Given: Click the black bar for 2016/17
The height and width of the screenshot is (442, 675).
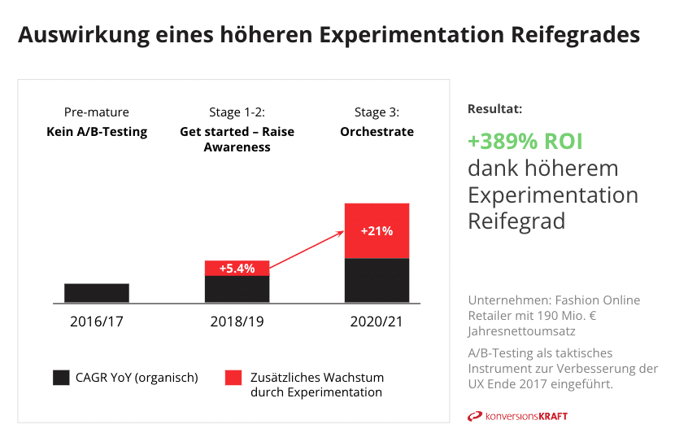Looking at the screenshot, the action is click(x=97, y=293).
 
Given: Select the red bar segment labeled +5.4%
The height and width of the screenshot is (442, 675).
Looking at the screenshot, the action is click(x=237, y=268).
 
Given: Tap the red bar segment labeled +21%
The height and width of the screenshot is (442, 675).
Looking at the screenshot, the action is click(x=377, y=231).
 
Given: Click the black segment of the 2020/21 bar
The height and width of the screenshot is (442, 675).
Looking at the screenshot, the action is click(x=377, y=281).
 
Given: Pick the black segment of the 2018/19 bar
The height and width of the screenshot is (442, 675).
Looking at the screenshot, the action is click(x=237, y=289).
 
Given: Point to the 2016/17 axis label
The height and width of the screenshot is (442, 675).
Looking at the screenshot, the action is click(x=97, y=322).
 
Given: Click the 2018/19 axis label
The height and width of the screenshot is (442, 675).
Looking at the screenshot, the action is click(x=237, y=322).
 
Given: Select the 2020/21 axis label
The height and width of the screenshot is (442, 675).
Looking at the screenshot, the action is click(x=377, y=322).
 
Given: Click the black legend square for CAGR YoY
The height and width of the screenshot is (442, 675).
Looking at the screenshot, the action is click(x=61, y=378).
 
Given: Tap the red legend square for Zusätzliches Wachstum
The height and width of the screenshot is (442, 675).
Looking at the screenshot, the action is click(x=233, y=378).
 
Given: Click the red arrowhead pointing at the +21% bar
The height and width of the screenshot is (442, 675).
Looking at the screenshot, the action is click(x=340, y=234).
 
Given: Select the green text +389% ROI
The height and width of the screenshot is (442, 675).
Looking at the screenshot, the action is click(x=525, y=142).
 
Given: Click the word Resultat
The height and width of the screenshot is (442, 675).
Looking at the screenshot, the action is click(x=494, y=109).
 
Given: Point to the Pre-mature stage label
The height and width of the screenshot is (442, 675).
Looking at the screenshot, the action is click(x=97, y=112).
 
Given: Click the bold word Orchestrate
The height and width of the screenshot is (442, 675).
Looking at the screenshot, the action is click(x=377, y=131).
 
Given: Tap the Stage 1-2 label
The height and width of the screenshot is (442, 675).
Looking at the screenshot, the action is click(x=237, y=112).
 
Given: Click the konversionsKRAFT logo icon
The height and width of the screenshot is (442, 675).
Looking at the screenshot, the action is click(x=475, y=416).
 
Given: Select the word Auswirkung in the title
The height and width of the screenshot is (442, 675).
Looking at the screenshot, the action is click(x=84, y=34).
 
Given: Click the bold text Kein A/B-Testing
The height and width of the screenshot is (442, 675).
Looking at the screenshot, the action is click(x=97, y=132).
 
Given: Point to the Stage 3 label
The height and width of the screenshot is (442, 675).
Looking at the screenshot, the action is click(x=377, y=112).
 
